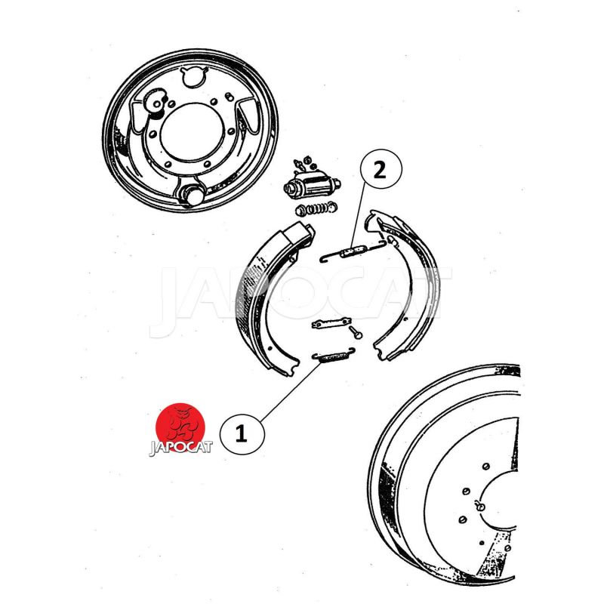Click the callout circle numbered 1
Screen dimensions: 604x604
[242, 434]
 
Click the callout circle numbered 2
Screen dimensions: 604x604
[381, 169]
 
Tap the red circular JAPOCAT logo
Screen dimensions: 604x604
[180, 427]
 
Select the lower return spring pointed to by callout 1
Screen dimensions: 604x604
[333, 356]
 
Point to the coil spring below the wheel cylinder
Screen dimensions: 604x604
[316, 209]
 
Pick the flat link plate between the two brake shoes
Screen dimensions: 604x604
[331, 323]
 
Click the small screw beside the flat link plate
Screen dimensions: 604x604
[356, 333]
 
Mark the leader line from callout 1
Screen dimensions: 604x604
[291, 392]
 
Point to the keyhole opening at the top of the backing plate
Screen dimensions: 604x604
[193, 77]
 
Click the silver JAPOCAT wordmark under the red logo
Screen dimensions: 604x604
[180, 448]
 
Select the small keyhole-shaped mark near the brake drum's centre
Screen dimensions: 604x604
[479, 505]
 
